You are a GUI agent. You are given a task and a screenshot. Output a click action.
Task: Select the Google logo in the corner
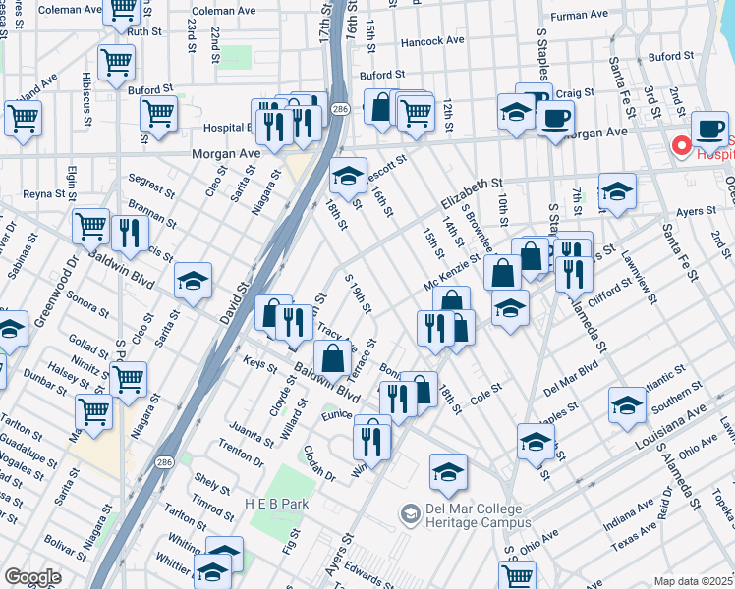point(32,577)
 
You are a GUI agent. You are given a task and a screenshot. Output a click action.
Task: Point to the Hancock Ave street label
point(432,41)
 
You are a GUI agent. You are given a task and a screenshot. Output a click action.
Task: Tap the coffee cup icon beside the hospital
point(708,129)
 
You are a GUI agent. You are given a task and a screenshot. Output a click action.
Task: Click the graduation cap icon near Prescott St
point(347,176)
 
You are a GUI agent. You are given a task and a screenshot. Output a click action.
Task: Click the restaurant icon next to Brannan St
point(130,233)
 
